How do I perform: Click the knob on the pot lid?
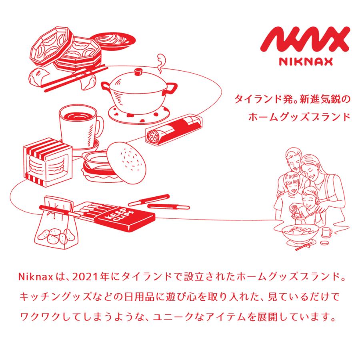tap(138, 72)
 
